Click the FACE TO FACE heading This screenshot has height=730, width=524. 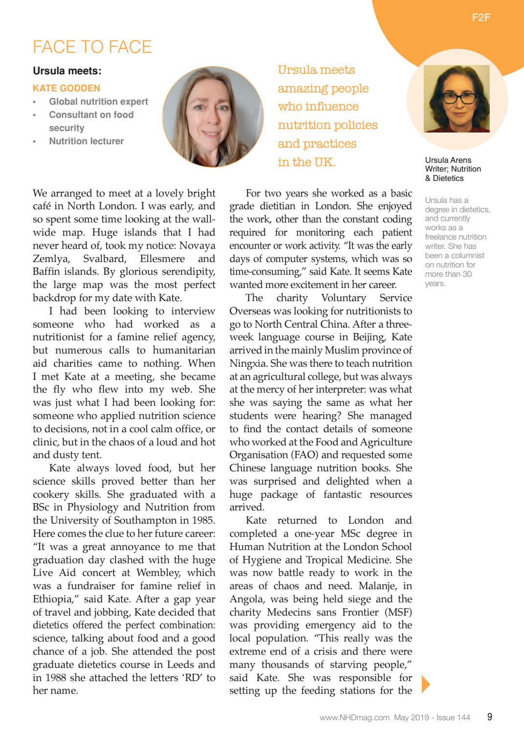coord(92,47)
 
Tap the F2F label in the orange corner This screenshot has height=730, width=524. coord(481,18)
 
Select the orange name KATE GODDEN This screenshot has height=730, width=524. coord(66,88)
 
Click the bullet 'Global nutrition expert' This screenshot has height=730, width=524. coord(98,102)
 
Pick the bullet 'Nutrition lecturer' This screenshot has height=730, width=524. coord(86,141)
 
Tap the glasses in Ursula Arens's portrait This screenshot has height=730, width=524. coord(459,97)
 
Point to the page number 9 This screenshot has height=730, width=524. coord(489,717)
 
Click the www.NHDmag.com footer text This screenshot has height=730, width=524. coord(355,718)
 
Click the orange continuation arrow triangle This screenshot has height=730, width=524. coord(425,684)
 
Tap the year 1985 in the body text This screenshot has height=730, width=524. coord(203,520)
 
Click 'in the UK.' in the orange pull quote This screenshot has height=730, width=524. coord(306,162)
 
